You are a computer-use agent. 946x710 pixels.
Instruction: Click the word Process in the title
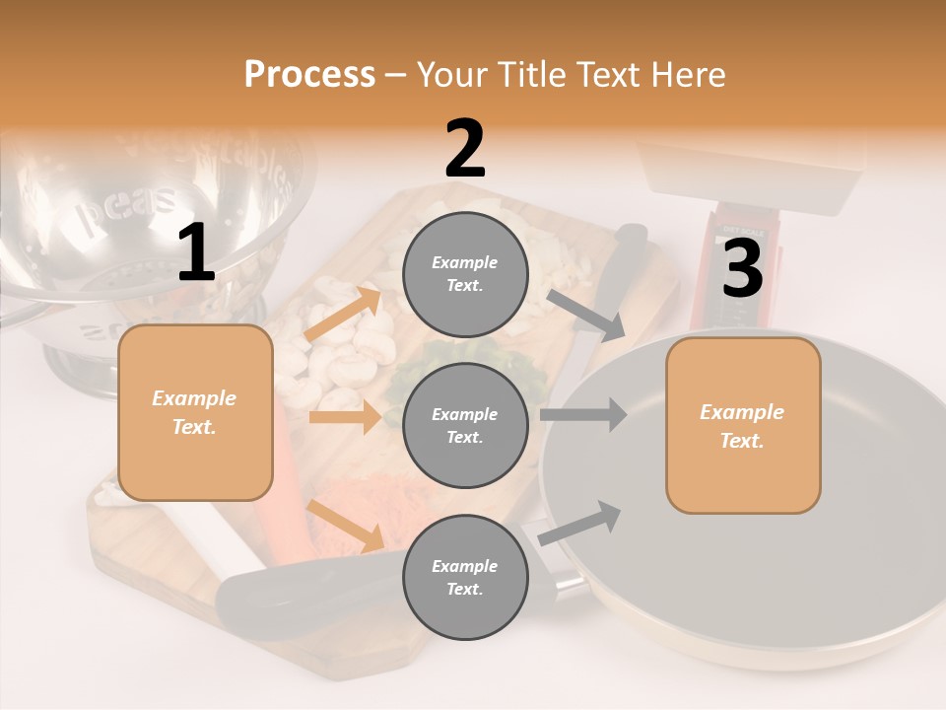pos(309,75)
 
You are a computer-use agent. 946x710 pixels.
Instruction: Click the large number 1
pos(196,253)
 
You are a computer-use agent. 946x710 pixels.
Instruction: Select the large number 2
pos(465,149)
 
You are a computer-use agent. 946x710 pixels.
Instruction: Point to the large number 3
pos(742,269)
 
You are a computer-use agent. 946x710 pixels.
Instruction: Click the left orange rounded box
pos(195,412)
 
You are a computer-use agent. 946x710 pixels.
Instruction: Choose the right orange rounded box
pos(743,425)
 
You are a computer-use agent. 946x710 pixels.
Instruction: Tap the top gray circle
pos(465,274)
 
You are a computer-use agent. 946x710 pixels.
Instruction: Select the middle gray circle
pos(465,425)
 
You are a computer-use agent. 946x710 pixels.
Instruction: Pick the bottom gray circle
pos(465,577)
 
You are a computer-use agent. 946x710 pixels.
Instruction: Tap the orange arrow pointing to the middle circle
pos(345,418)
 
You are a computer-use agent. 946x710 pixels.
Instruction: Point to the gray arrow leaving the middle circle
pos(583,414)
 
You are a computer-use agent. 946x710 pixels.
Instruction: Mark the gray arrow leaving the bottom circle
pos(580,523)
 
